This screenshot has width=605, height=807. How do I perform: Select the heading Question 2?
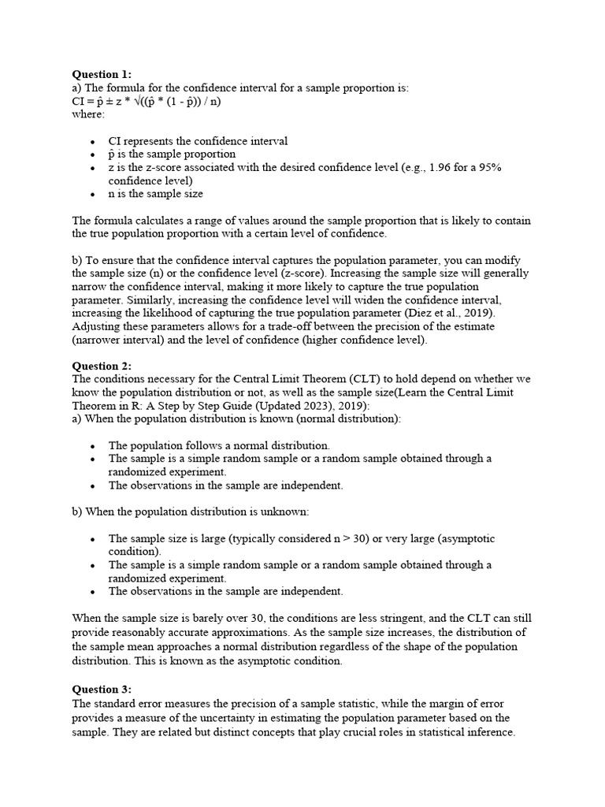coord(102,366)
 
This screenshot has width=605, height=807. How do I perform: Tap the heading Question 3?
coord(102,689)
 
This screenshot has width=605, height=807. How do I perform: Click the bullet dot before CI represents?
coord(92,142)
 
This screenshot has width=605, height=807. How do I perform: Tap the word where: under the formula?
coord(88,114)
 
